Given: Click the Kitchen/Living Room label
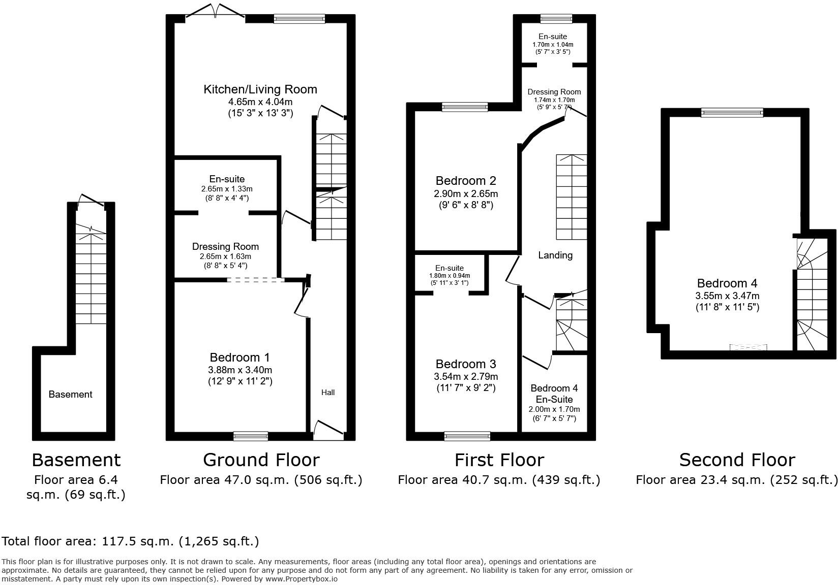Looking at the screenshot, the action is pyautogui.click(x=260, y=89).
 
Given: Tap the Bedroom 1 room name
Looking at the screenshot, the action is pyautogui.click(x=240, y=357).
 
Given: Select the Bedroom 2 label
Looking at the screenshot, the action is pyautogui.click(x=466, y=181).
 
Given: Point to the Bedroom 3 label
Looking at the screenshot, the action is pyautogui.click(x=466, y=364).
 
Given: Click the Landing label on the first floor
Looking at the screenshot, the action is pyautogui.click(x=555, y=255).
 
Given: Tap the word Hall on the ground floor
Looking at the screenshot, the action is pyautogui.click(x=327, y=392).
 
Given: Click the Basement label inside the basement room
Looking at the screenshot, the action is pyautogui.click(x=70, y=395).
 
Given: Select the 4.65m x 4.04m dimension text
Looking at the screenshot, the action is pyautogui.click(x=260, y=102).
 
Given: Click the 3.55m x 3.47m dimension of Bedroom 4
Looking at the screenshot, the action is pyautogui.click(x=727, y=296).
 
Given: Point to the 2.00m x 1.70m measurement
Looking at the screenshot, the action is pyautogui.click(x=554, y=409).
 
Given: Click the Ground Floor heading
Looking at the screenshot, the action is pyautogui.click(x=261, y=460).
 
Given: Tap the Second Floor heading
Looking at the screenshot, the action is pyautogui.click(x=737, y=460).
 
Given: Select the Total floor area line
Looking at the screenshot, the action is pyautogui.click(x=130, y=541).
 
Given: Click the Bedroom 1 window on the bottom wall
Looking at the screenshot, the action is pyautogui.click(x=251, y=436).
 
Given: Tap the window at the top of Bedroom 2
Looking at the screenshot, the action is pyautogui.click(x=465, y=107).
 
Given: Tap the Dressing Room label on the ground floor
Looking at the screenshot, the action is pyautogui.click(x=225, y=247).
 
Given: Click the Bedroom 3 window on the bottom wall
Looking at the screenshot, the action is pyautogui.click(x=467, y=436).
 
